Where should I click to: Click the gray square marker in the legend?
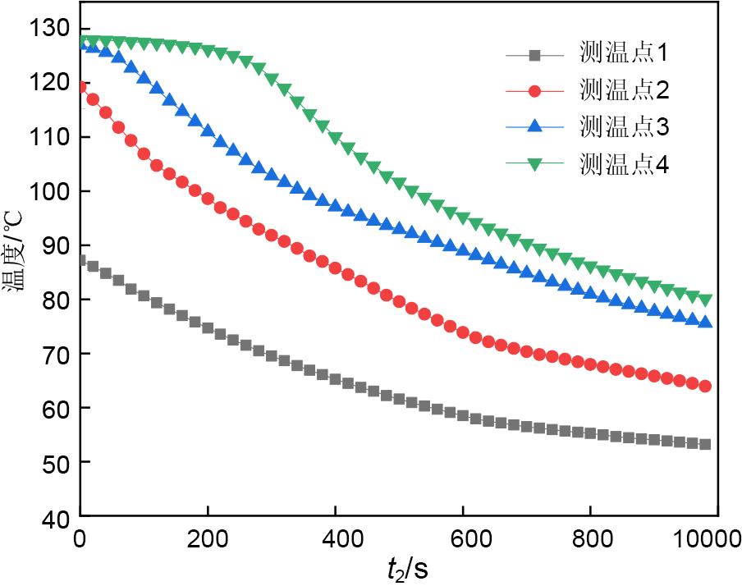[534, 56]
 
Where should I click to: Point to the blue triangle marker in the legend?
[534, 126]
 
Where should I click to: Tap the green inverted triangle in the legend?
[534, 164]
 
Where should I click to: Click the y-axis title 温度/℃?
[17, 259]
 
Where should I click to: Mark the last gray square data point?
[704, 444]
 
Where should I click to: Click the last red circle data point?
[704, 386]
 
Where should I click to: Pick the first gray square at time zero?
[80, 261]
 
